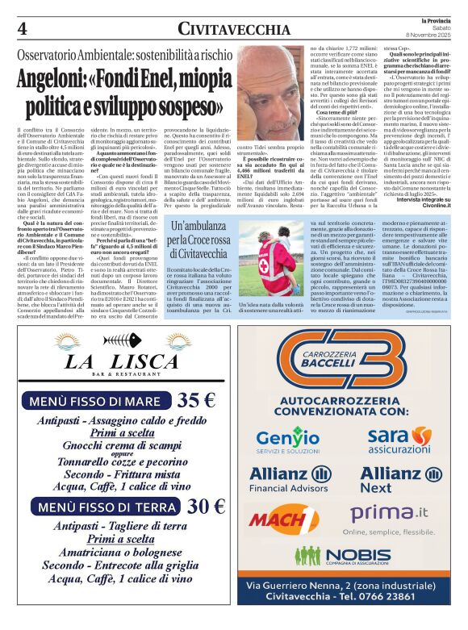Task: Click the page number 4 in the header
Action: pyautogui.click(x=22, y=28)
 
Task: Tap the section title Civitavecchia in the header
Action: pyautogui.click(x=234, y=29)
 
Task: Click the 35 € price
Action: pyautogui.click(x=197, y=400)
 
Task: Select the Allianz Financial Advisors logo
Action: pyautogui.click(x=291, y=479)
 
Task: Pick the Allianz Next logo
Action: pyautogui.click(x=397, y=479)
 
